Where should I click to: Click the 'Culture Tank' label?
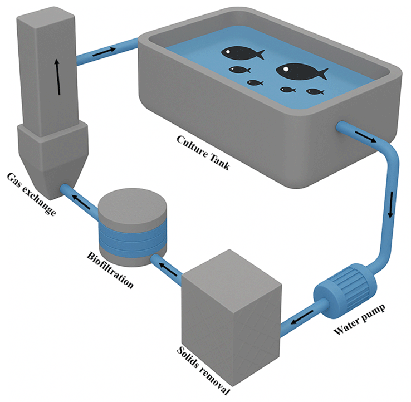pos(203,152)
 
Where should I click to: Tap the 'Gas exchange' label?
pos(31,194)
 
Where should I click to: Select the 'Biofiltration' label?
pos(110,269)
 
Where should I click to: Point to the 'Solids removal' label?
pos(203,370)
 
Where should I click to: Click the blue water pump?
pos(345,291)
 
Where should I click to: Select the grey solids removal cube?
pos(232,317)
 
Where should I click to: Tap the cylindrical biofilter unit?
pos(133,227)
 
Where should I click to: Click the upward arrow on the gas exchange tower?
pos(58,77)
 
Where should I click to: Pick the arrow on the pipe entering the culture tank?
pos(104,52)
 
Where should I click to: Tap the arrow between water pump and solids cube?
pos(302,317)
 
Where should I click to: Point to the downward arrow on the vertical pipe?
pos(390,205)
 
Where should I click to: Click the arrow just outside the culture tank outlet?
pos(366,137)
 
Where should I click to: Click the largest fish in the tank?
pos(302,71)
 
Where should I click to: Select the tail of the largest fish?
pos(322,74)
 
